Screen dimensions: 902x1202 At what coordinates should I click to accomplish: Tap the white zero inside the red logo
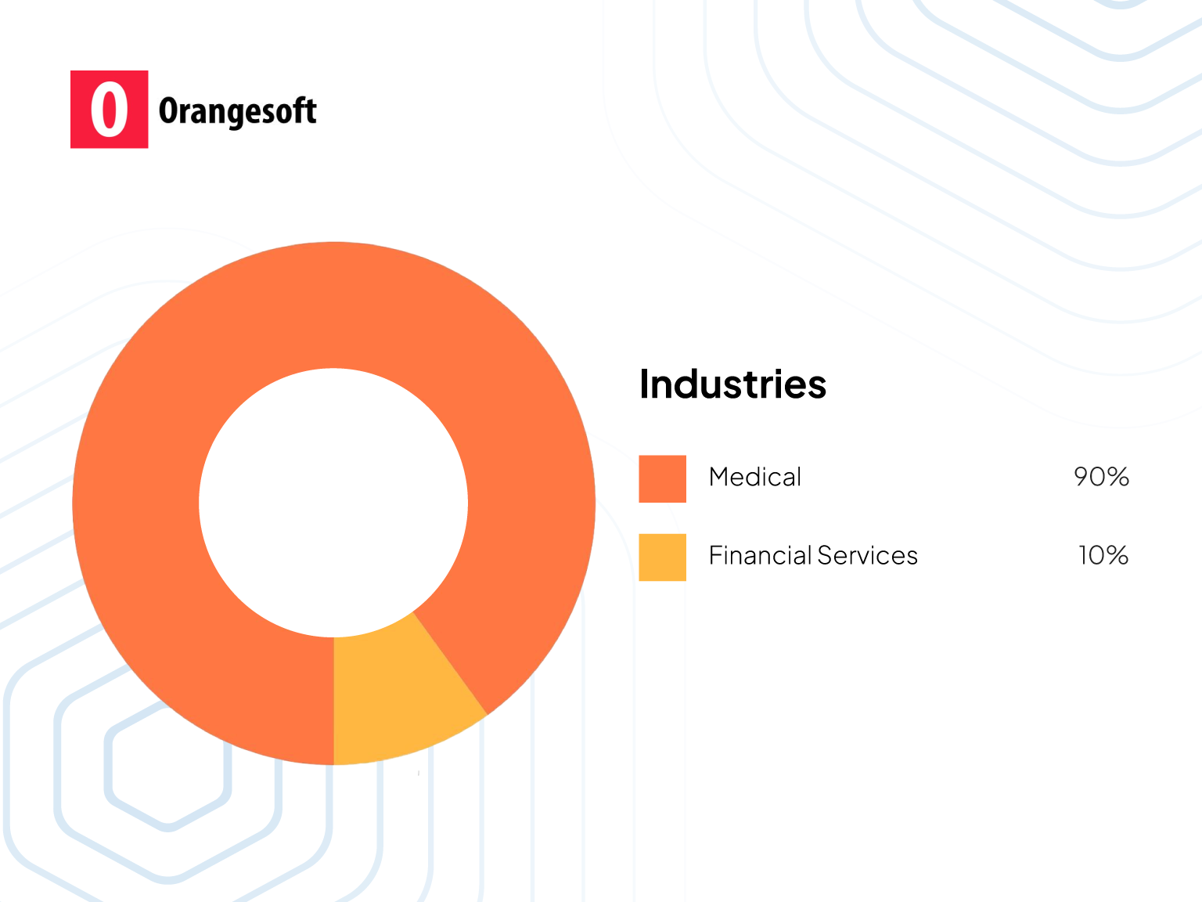pyautogui.click(x=109, y=110)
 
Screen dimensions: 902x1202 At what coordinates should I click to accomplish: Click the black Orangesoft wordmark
pyautogui.click(x=238, y=112)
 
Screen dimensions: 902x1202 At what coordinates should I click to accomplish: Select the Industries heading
pyautogui.click(x=732, y=384)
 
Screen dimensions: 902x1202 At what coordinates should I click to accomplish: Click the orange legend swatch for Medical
pyautogui.click(x=662, y=478)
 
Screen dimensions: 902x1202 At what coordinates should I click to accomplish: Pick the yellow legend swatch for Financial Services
pyautogui.click(x=662, y=557)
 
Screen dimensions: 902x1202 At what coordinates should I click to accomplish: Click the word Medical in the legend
pyautogui.click(x=754, y=477)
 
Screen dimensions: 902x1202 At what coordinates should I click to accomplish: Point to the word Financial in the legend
pyautogui.click(x=760, y=555)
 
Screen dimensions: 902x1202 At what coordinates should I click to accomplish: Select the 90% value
pyautogui.click(x=1101, y=477)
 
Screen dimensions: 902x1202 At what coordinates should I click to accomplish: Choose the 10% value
pyautogui.click(x=1103, y=555)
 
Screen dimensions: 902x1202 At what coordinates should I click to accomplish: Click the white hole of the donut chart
pyautogui.click(x=333, y=503)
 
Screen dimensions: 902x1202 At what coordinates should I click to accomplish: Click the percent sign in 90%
pyautogui.click(x=1118, y=477)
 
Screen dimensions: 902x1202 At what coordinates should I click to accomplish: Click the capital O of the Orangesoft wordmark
pyautogui.click(x=168, y=111)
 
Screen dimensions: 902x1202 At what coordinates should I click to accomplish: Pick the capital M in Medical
pyautogui.click(x=719, y=477)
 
